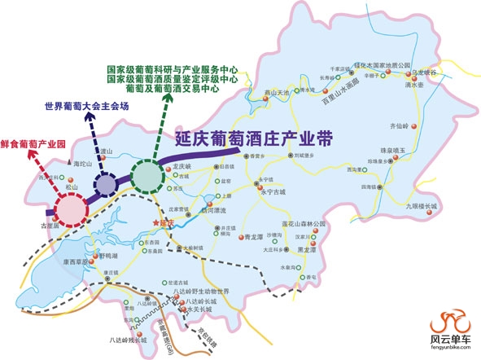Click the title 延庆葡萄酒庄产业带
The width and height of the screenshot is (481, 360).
click(255, 138)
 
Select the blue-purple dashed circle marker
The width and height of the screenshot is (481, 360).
click(105, 184)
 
